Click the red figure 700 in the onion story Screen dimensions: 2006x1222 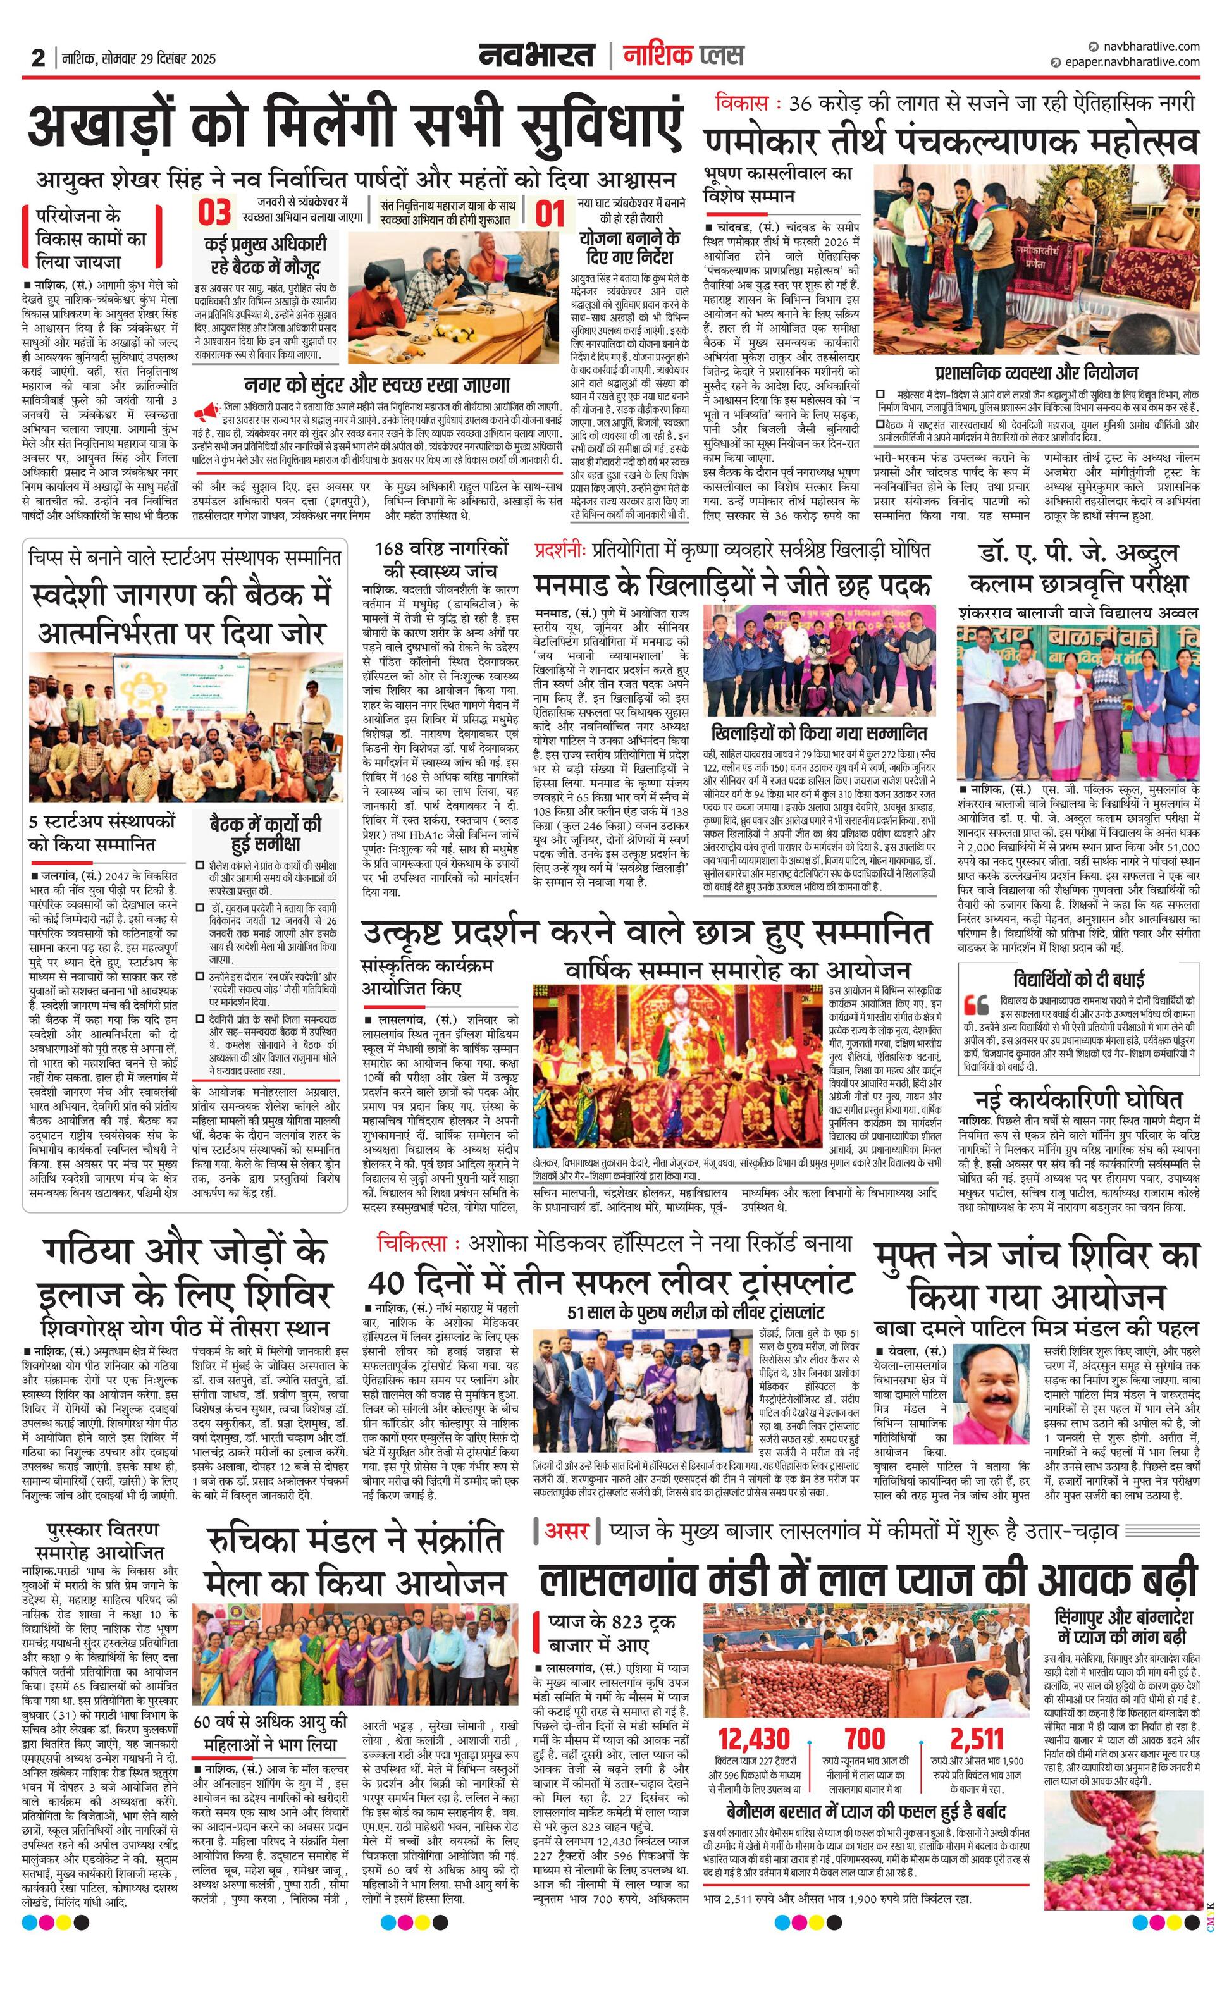pos(865,1740)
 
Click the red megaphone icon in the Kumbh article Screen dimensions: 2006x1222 pos(207,410)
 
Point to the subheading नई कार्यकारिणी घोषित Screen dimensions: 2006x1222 pos(1078,1100)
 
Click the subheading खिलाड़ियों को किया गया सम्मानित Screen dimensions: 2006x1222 pos(818,731)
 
